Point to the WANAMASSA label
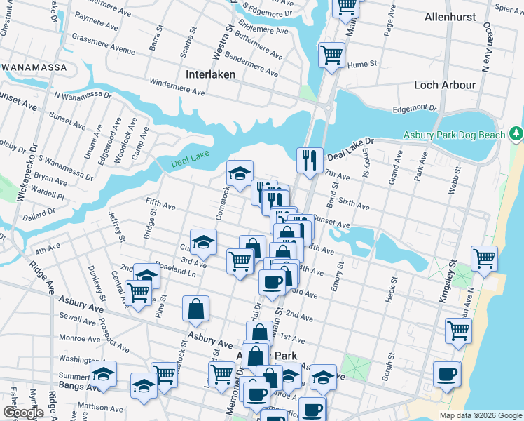34,67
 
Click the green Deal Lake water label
191,164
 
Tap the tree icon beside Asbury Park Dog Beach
516,133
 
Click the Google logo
23,413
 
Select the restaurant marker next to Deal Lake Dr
309,159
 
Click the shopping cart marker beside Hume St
331,54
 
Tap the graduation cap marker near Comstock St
240,173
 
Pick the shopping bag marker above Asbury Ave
195,308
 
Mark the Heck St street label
390,293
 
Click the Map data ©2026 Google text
481,415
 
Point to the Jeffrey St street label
116,227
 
